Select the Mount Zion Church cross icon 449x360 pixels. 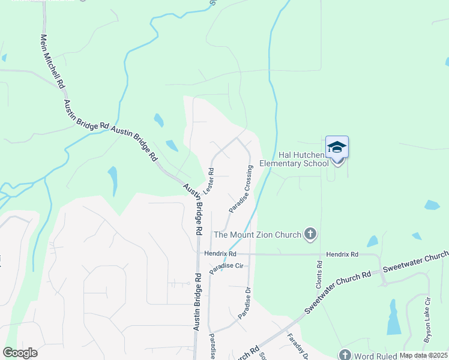pyautogui.click(x=310, y=234)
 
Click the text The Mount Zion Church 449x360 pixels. pyautogui.click(x=257, y=235)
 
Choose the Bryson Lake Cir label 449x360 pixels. pyautogui.click(x=427, y=328)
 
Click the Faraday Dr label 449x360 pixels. pyautogui.click(x=297, y=347)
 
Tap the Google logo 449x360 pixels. pyautogui.click(x=20, y=353)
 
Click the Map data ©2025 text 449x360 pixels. pyautogui.click(x=423, y=355)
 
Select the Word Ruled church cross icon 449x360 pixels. pyautogui.click(x=344, y=355)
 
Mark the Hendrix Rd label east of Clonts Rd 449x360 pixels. pyautogui.click(x=342, y=254)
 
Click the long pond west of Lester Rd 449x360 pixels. pyautogui.click(x=113, y=179)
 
